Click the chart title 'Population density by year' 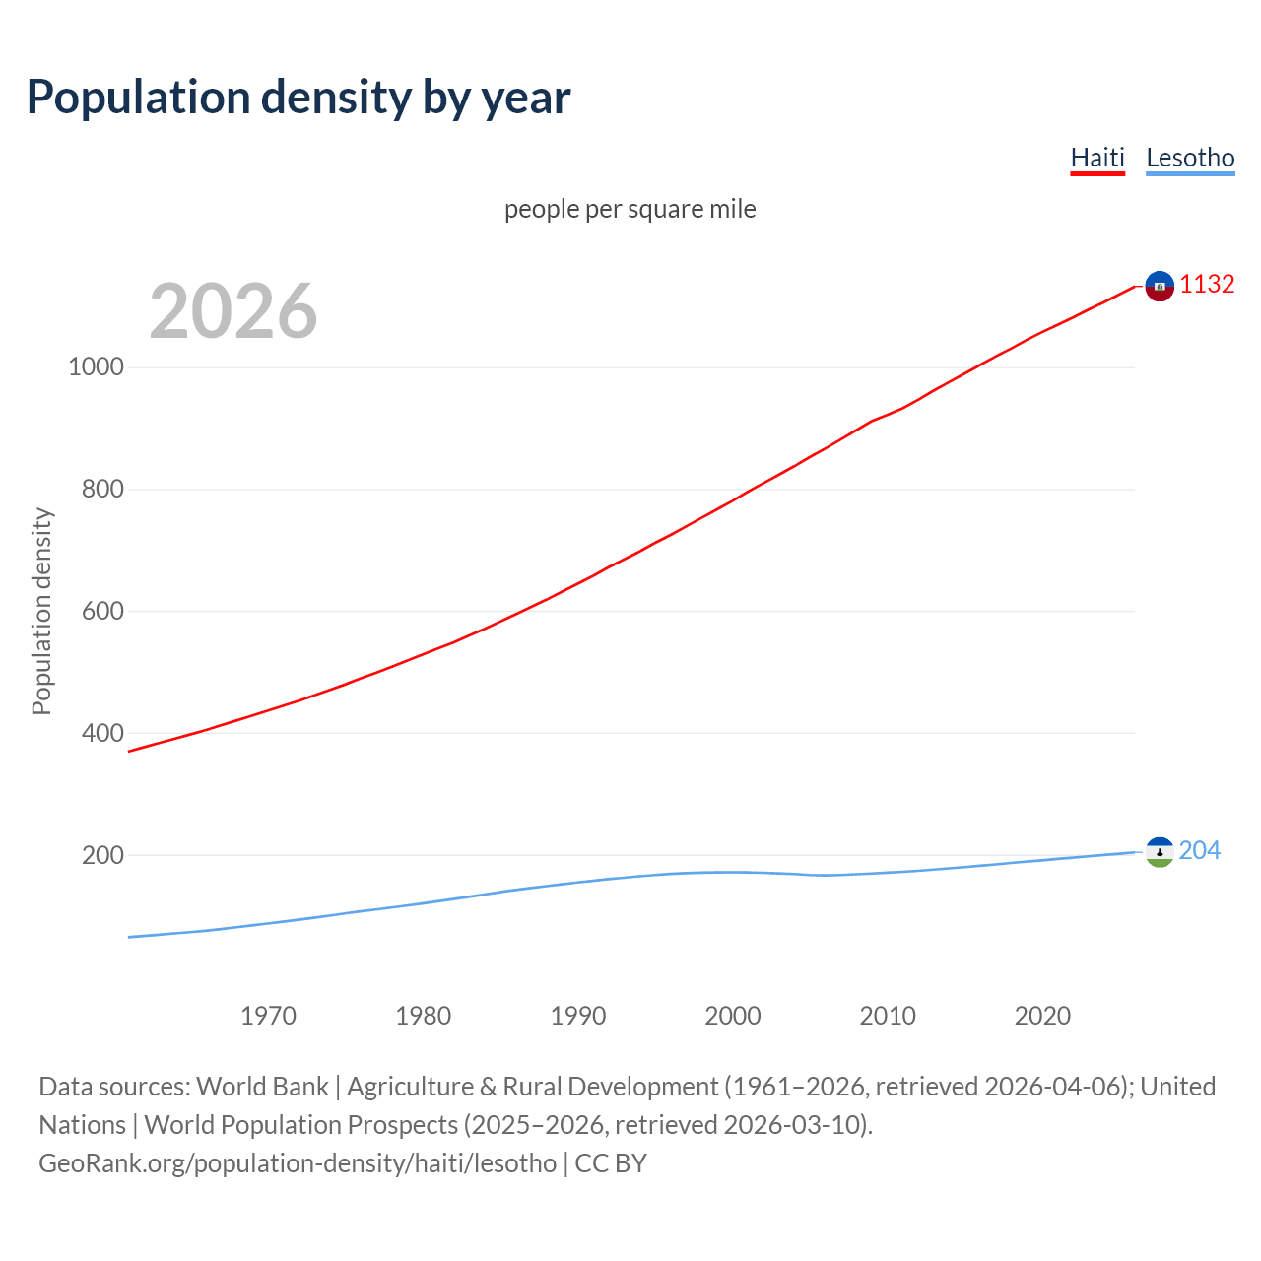click(x=299, y=98)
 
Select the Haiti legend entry click(x=1097, y=158)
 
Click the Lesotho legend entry click(x=1190, y=158)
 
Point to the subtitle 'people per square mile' click(x=630, y=209)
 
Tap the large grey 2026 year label click(x=233, y=311)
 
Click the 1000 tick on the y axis click(x=96, y=366)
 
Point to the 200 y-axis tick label click(x=102, y=855)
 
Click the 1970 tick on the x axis click(x=268, y=1016)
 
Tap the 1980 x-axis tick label click(x=423, y=1016)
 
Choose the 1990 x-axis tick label click(x=578, y=1016)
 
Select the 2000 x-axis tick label click(x=733, y=1016)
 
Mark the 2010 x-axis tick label click(x=888, y=1016)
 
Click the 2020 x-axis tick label click(x=1042, y=1016)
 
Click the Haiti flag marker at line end click(x=1160, y=286)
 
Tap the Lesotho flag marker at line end click(x=1160, y=852)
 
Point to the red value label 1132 click(x=1207, y=284)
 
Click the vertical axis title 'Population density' click(x=41, y=611)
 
